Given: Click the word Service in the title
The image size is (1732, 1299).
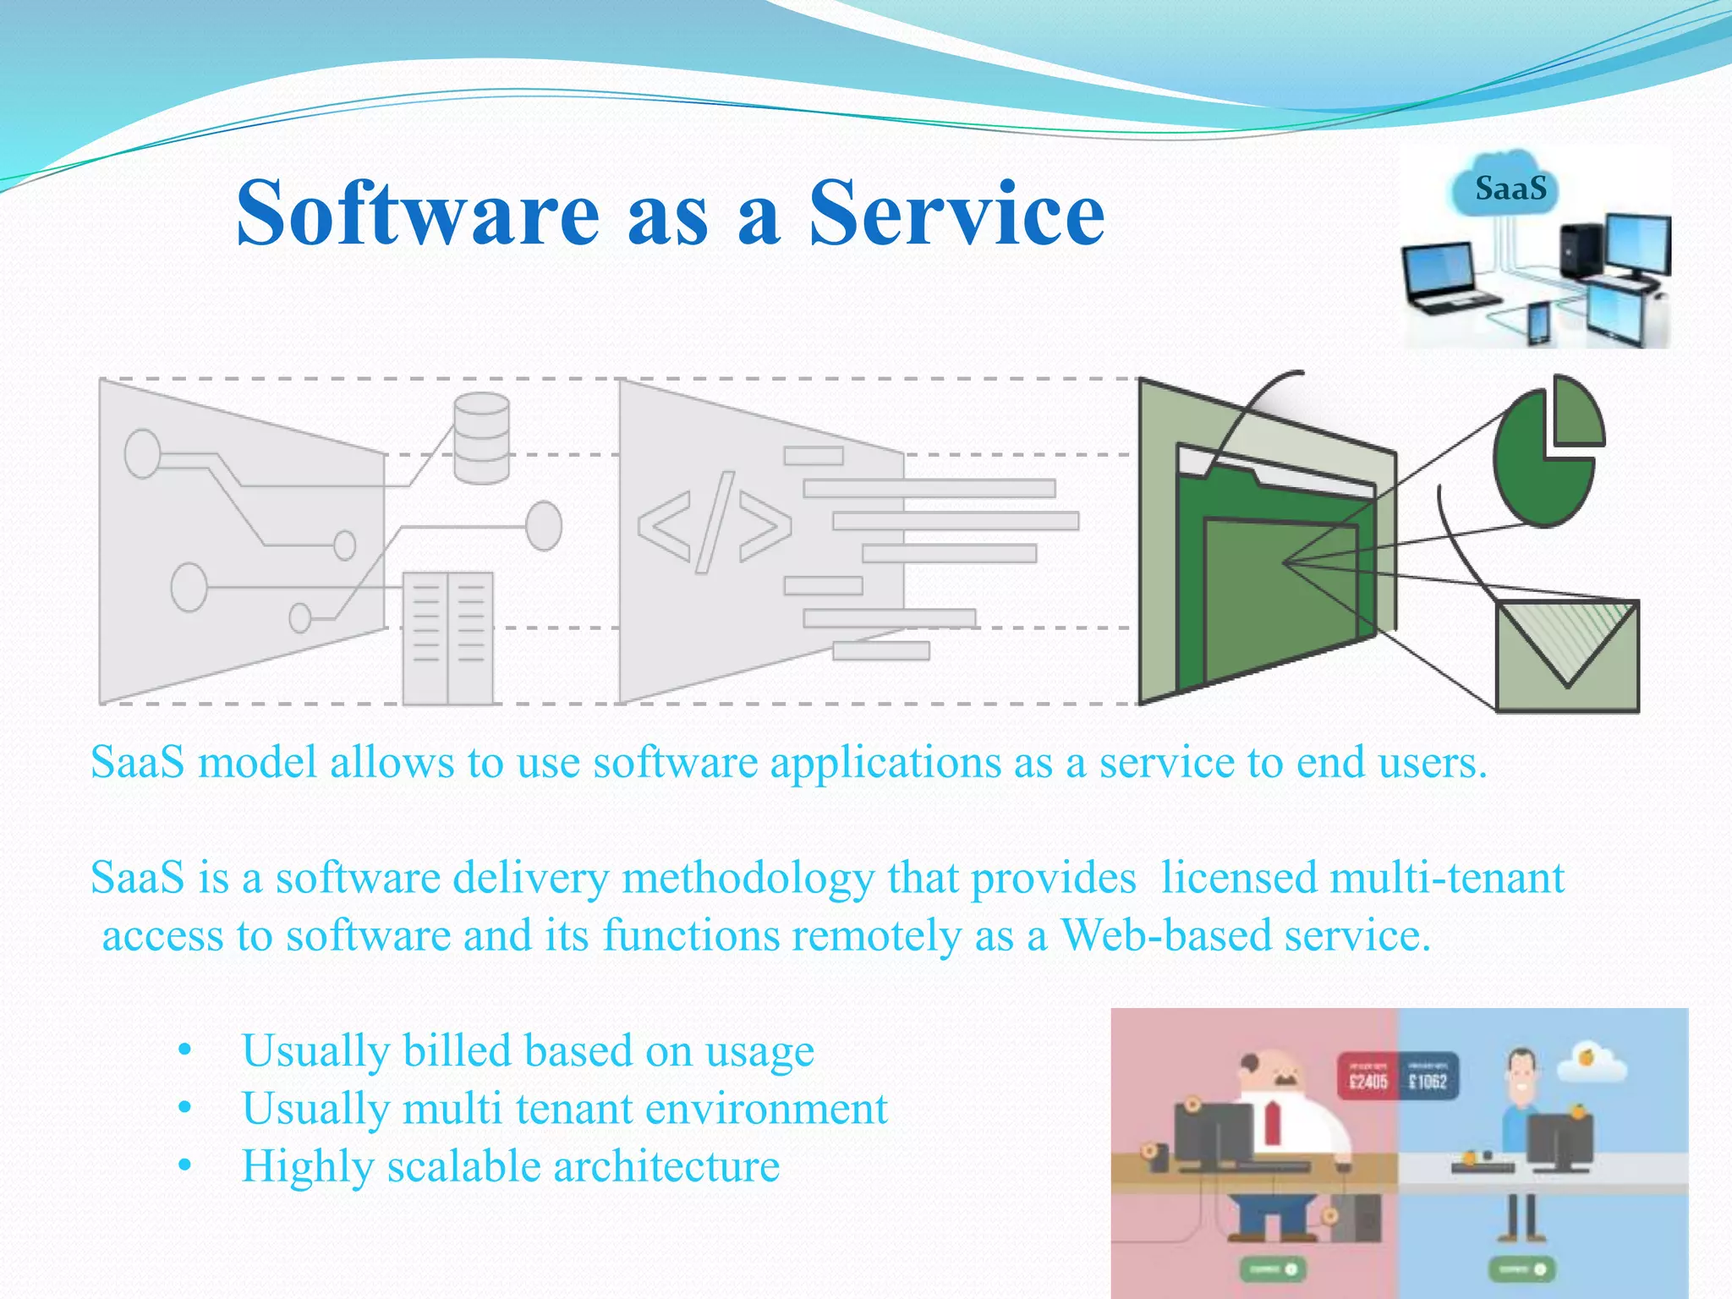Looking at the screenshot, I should (956, 213).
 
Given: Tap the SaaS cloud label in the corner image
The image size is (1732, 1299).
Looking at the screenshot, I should (1510, 188).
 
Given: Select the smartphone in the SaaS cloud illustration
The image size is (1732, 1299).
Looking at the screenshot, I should (1537, 322).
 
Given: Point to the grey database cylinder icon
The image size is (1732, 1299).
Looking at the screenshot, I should (481, 438).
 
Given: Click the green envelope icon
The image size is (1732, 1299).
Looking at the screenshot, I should (1567, 656).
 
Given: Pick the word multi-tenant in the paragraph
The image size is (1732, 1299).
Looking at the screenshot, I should (1362, 878).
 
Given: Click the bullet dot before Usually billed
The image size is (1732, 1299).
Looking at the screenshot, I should (185, 1051).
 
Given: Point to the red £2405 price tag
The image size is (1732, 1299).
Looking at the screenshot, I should (1368, 1077).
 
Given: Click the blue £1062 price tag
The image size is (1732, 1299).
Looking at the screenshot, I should (1428, 1077).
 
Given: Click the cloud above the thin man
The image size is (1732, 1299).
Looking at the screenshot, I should (1591, 1065).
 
